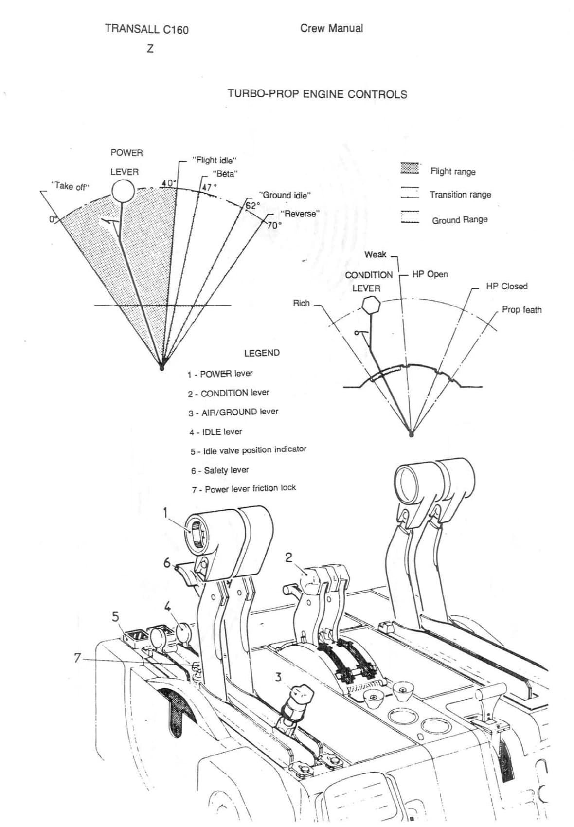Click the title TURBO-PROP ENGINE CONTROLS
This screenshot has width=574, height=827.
[317, 94]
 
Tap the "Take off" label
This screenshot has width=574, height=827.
[71, 186]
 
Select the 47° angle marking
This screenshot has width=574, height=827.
[209, 187]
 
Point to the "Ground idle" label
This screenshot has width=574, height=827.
[286, 195]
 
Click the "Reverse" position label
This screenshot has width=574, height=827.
[300, 214]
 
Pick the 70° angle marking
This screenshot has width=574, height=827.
[274, 225]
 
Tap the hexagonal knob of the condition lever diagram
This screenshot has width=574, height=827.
[372, 305]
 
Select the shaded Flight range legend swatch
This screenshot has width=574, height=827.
[410, 169]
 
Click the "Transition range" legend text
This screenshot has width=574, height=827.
[460, 195]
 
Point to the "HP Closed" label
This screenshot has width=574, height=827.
[506, 286]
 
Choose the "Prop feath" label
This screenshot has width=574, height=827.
[521, 310]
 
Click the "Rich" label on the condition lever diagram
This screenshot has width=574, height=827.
[301, 303]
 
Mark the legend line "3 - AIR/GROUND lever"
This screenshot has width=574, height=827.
[233, 412]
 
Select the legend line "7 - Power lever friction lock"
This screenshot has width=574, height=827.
[244, 488]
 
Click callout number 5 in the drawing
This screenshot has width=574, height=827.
[115, 617]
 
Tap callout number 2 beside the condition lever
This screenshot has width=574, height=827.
[288, 557]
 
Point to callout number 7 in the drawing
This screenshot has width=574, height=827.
[77, 658]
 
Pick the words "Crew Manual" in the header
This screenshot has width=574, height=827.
[331, 28]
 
